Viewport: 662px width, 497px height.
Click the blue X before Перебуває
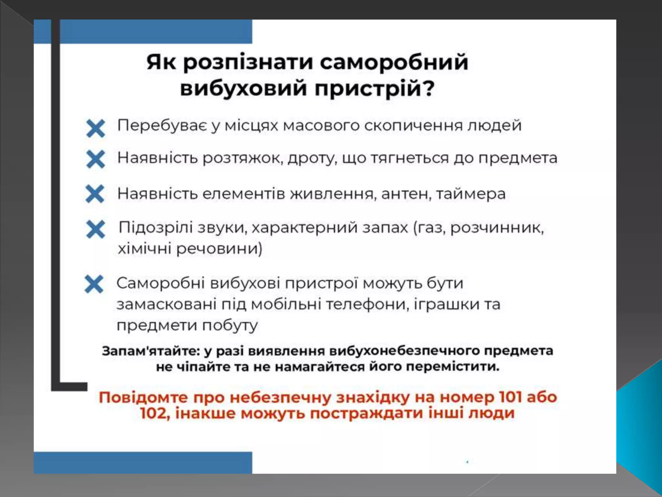(x=96, y=128)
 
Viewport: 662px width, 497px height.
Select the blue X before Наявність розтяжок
(x=96, y=159)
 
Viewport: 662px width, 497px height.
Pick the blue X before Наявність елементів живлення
(x=95, y=194)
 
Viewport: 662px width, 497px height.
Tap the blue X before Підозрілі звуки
(x=96, y=229)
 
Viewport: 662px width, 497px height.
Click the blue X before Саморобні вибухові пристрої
(x=94, y=284)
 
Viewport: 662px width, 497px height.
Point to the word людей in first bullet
(x=495, y=126)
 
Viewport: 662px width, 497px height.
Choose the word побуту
(x=230, y=325)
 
